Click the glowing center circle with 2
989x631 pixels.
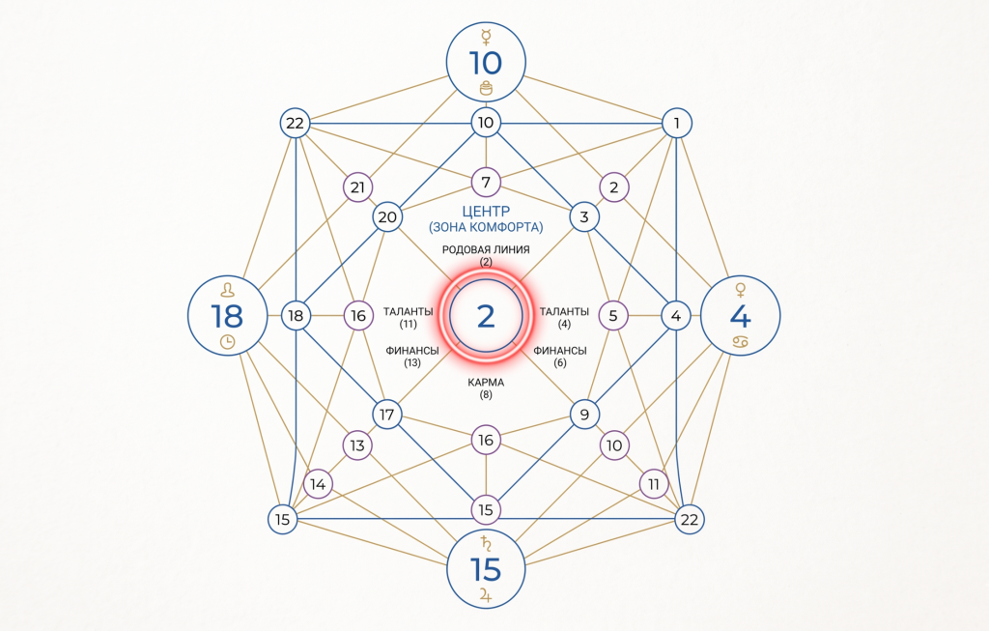click(x=486, y=315)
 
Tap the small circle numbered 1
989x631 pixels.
click(x=677, y=123)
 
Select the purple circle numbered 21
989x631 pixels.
click(x=357, y=187)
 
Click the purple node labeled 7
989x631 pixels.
click(x=486, y=183)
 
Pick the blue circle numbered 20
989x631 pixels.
click(x=387, y=217)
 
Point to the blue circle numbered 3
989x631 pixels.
click(x=584, y=217)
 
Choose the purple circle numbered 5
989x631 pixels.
click(x=613, y=315)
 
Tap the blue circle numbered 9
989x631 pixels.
click(x=584, y=415)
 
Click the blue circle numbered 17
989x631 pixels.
click(x=387, y=415)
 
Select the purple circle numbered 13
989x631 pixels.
click(x=357, y=445)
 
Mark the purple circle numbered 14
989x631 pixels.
click(x=318, y=485)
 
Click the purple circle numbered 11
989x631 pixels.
click(x=654, y=485)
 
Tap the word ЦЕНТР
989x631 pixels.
click(x=486, y=212)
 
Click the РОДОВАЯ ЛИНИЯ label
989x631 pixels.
click(x=486, y=250)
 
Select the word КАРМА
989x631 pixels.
click(x=486, y=383)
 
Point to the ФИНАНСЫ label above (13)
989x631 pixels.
click(x=412, y=351)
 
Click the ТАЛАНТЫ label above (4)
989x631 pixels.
click(x=564, y=312)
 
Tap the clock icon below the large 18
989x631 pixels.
click(x=228, y=342)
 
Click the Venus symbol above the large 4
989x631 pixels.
click(x=741, y=290)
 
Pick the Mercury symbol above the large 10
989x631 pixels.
click(x=486, y=38)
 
